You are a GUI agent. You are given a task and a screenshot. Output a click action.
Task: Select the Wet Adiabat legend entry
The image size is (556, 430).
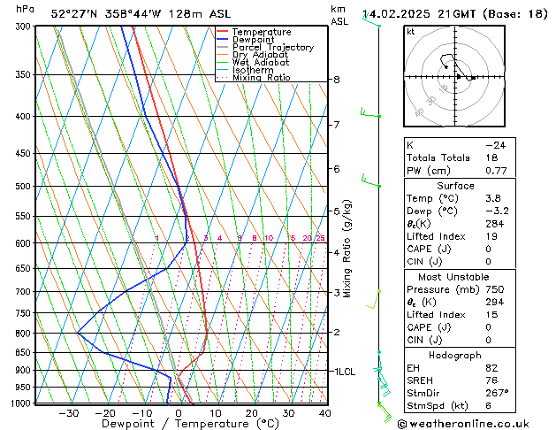point(260,62)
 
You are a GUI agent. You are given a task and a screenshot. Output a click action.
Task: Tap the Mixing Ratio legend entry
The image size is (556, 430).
point(261,77)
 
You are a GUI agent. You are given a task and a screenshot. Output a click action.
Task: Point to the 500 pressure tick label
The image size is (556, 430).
point(24,187)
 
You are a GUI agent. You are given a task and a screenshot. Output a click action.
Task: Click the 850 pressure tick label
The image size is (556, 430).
point(24,352)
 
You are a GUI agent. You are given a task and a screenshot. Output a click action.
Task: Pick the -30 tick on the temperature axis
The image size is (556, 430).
point(69,413)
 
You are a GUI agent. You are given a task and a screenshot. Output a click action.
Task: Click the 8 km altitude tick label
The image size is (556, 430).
point(337,80)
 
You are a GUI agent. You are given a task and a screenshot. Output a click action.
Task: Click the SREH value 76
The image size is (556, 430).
point(491,380)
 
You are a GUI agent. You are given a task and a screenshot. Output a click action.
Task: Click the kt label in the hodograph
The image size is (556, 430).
point(410,32)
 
